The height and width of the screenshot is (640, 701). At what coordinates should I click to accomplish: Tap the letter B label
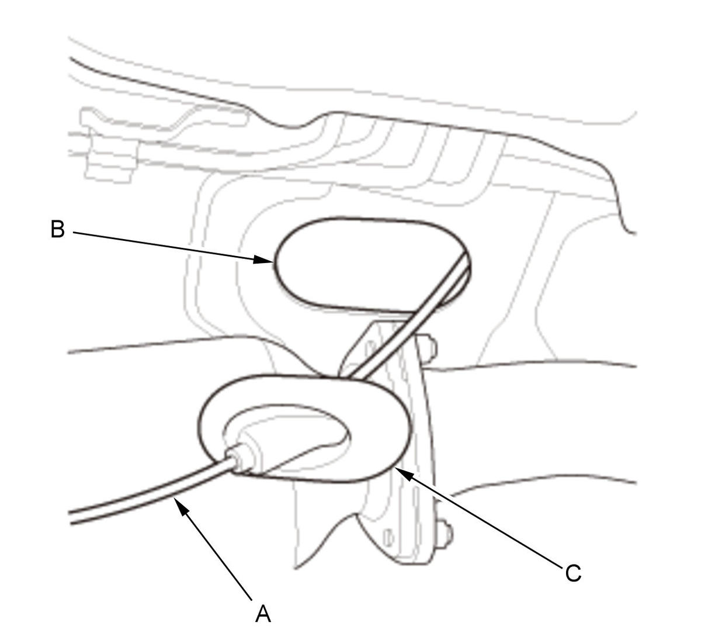(x=58, y=230)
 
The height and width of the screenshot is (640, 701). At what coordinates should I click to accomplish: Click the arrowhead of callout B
(x=264, y=260)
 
